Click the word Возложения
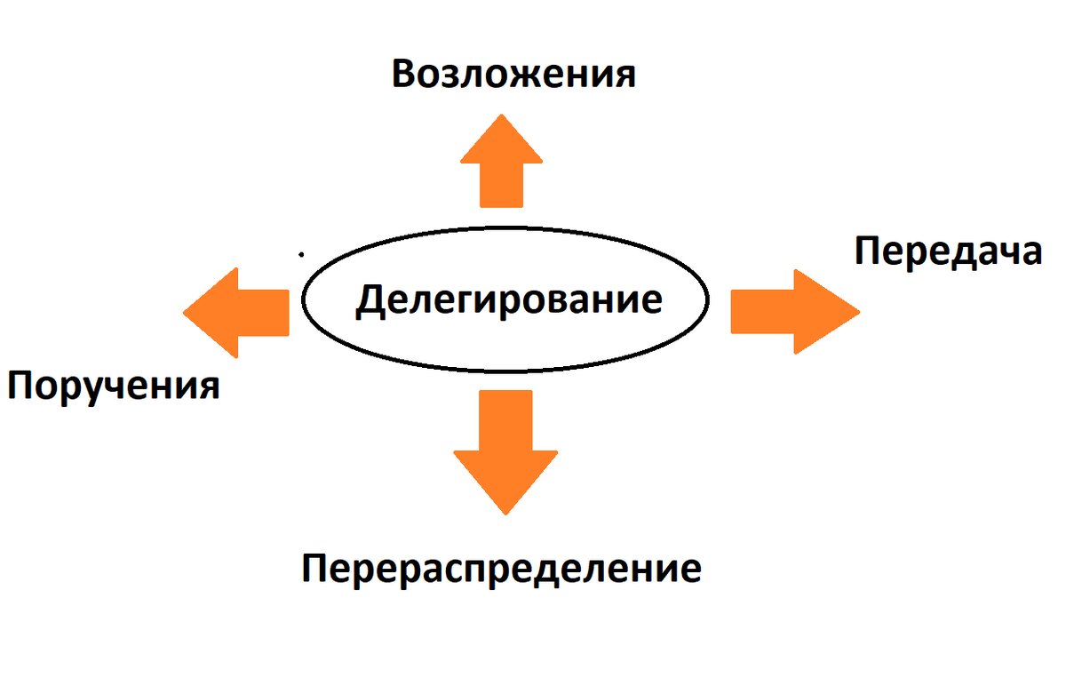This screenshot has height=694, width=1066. coord(513,75)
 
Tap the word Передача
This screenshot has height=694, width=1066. coord(947,251)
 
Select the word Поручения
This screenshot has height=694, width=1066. coord(113,387)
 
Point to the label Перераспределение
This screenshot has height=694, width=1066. coord(501,568)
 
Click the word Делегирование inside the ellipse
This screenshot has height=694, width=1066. coord(508,299)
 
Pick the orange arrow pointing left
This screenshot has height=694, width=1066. coord(239,313)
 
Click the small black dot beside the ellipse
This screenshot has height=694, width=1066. coord(302,255)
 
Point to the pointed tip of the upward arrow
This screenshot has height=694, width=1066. coord(501,116)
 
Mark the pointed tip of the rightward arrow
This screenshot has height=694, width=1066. coord(858,312)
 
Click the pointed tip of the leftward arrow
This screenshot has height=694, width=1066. coord(186,313)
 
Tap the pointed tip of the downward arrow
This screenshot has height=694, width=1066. coord(505,512)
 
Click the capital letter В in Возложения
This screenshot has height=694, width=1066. coord(404,75)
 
